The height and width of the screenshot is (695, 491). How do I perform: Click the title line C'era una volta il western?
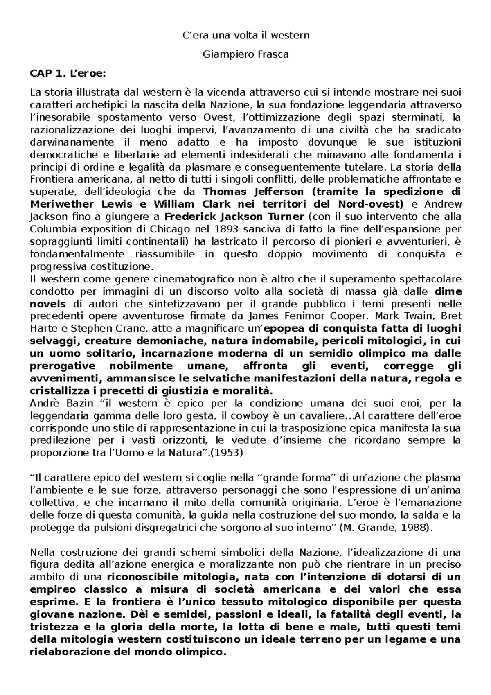point(245,35)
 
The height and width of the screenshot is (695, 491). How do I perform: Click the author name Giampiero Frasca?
point(245,54)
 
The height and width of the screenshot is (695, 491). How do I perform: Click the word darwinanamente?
point(72,142)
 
